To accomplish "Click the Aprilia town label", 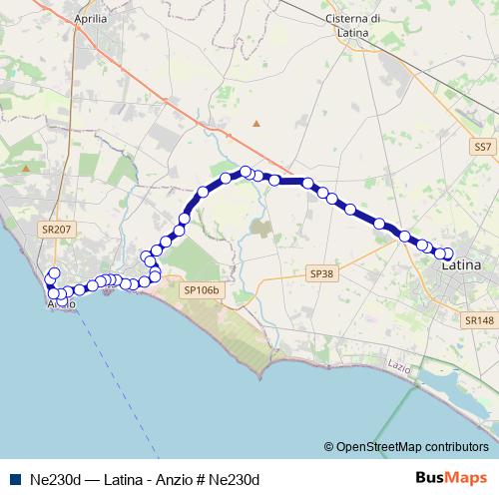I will (x=91, y=18).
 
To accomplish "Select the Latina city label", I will (x=460, y=266).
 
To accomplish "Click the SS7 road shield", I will (x=483, y=147).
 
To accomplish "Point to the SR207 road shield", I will (x=55, y=229).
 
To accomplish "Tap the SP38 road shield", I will (x=320, y=272).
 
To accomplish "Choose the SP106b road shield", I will (x=202, y=290).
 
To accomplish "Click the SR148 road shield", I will (x=479, y=320).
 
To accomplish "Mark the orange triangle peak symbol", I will (x=256, y=124).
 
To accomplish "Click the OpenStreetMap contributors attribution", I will (x=412, y=447).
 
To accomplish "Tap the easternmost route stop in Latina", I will (x=447, y=253).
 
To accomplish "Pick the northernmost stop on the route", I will (x=246, y=172).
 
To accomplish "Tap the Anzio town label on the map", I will (x=59, y=303).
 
